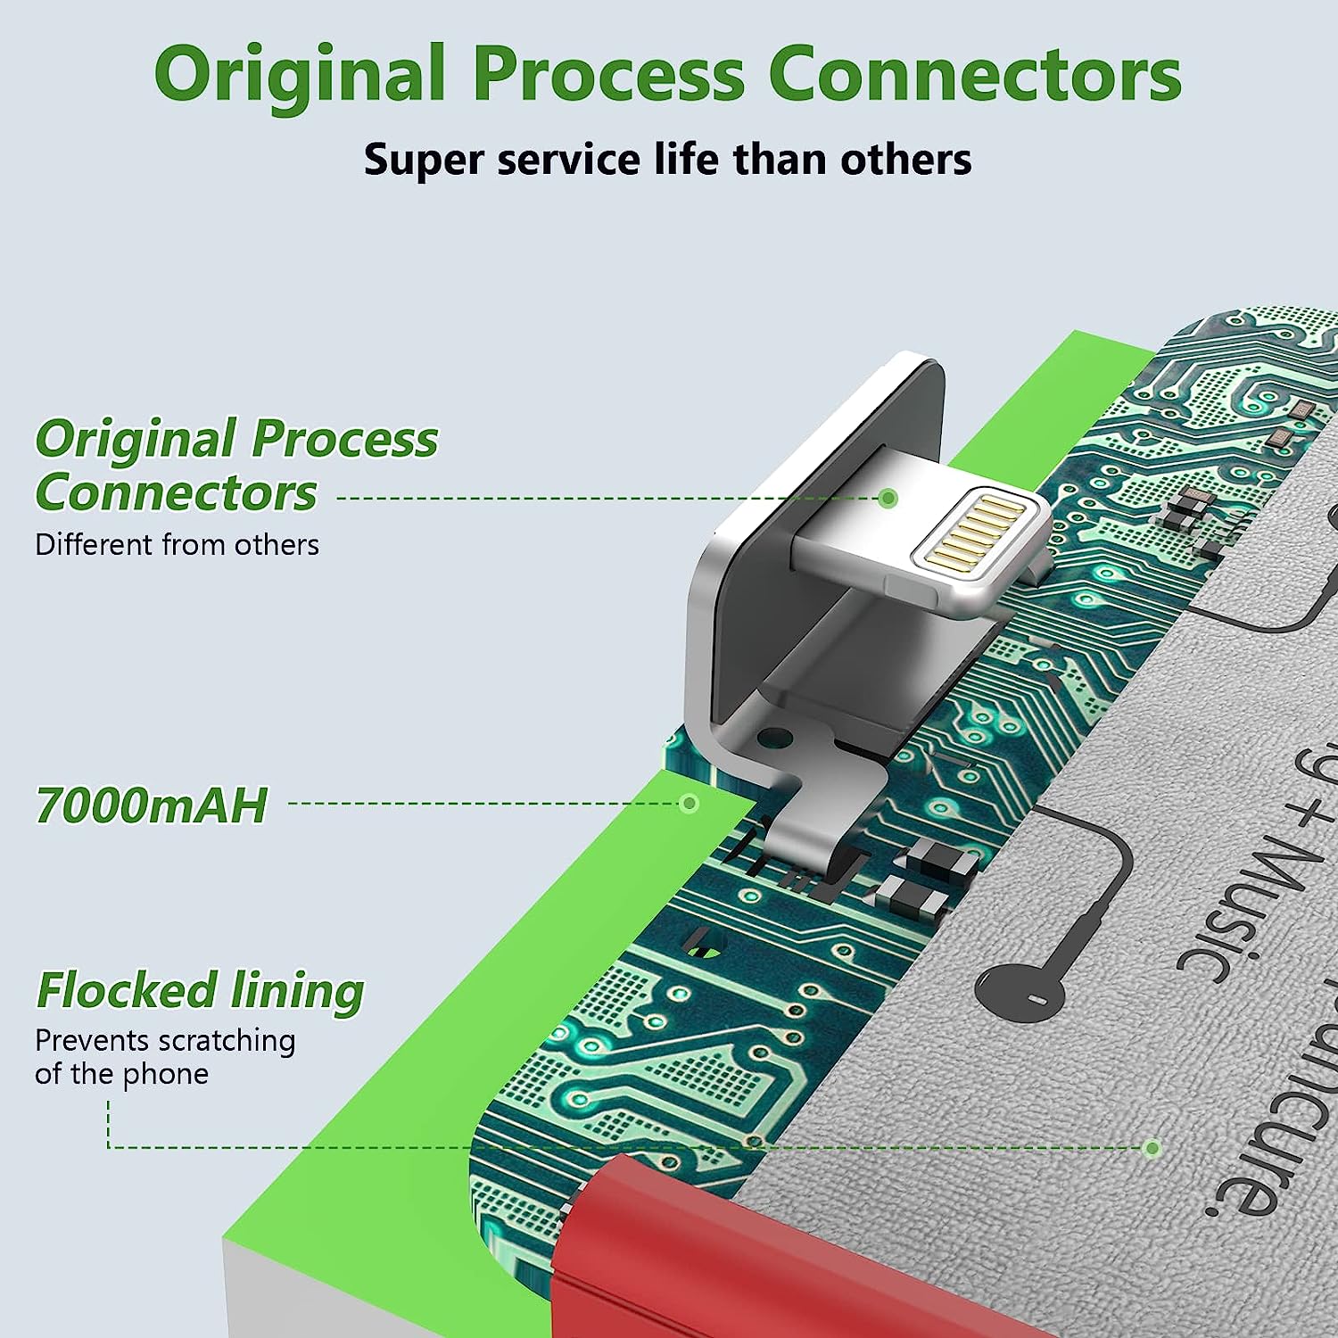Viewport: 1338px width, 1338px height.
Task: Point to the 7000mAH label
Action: click(151, 805)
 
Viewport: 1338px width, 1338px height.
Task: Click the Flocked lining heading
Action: click(200, 991)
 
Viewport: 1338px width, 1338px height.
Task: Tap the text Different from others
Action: click(177, 544)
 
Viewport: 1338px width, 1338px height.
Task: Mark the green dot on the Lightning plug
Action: click(888, 498)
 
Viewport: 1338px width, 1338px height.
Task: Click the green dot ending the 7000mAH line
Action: click(689, 804)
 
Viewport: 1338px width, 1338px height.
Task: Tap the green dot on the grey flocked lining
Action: click(1152, 1148)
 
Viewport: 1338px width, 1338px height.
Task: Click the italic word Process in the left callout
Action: click(344, 439)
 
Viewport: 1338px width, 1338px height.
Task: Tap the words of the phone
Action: click(121, 1074)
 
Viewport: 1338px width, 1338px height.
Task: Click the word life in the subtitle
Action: click(685, 160)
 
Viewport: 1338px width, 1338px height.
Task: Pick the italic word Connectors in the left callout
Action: click(176, 493)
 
